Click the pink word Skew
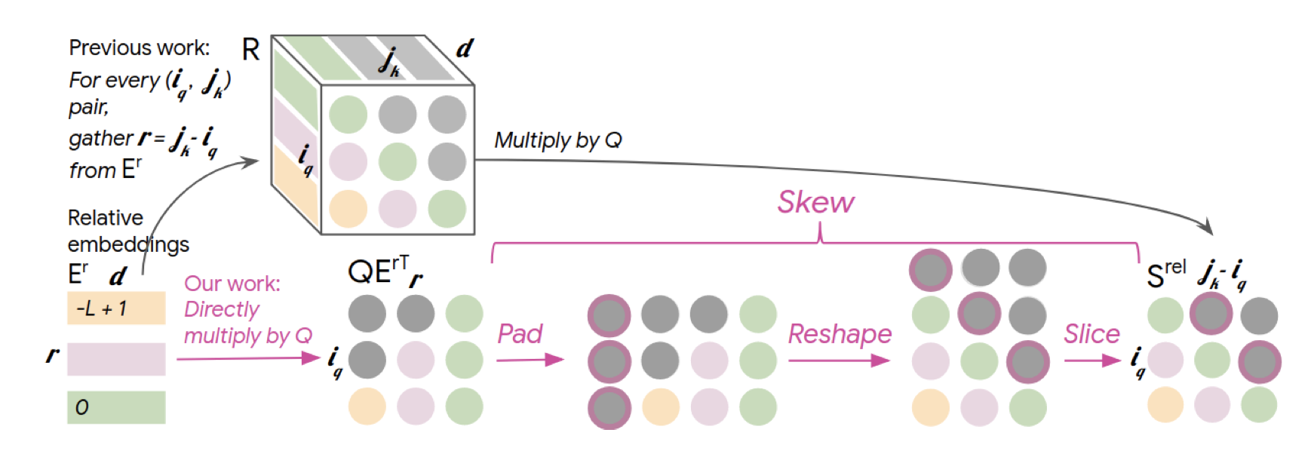[x=815, y=202]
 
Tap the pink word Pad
[x=520, y=333]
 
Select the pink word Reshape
[x=840, y=333]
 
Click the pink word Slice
[x=1091, y=333]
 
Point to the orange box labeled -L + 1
[x=116, y=308]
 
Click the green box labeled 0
[x=116, y=407]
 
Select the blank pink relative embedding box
[x=116, y=358]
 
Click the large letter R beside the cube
[x=250, y=51]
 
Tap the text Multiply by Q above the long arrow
[x=558, y=140]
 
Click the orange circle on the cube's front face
[x=348, y=209]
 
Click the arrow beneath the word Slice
[x=1091, y=360]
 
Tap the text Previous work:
[x=140, y=48]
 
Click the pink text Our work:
[x=232, y=284]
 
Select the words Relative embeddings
[x=127, y=231]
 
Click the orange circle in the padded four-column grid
[x=661, y=407]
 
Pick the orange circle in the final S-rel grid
[x=1165, y=405]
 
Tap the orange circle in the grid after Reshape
[x=931, y=407]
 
